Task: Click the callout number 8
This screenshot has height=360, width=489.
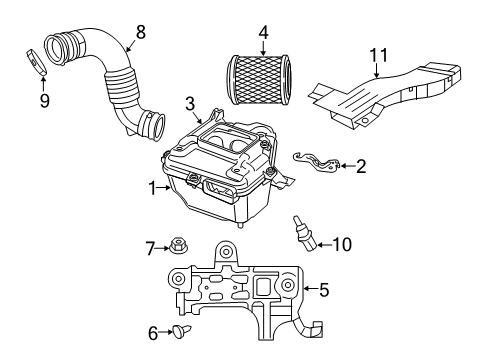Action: [140, 31]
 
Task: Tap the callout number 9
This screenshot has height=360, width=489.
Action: [42, 101]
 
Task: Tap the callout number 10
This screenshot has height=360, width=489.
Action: [341, 243]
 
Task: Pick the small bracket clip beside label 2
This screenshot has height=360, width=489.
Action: [315, 159]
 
